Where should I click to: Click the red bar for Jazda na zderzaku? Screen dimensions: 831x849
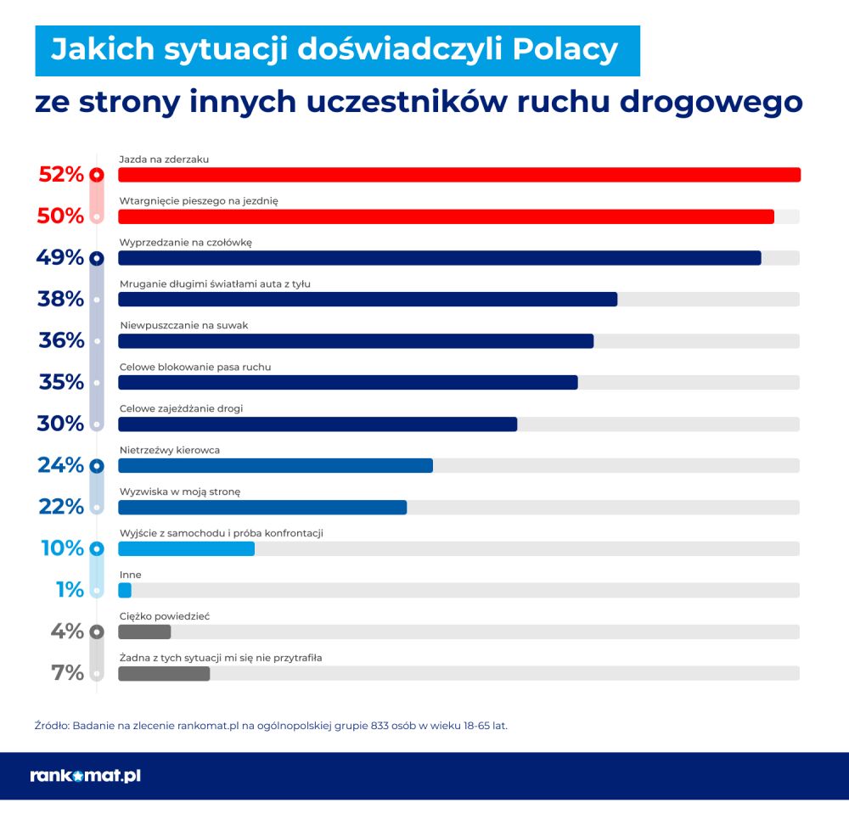pos(458,175)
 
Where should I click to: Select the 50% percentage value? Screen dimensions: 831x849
pos(60,216)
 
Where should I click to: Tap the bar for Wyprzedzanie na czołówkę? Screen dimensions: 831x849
pos(439,258)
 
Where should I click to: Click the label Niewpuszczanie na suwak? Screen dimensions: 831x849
pos(183,325)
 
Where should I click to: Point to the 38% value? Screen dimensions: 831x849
pos(60,299)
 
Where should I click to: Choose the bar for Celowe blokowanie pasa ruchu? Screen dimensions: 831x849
pos(347,382)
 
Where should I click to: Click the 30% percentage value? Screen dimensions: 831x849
pos(60,424)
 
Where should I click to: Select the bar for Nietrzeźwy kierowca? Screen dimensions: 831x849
pos(275,465)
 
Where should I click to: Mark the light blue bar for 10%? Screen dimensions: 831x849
pos(186,548)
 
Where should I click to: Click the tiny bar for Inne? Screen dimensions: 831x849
pos(125,590)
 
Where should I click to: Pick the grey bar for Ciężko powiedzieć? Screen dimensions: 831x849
pos(144,632)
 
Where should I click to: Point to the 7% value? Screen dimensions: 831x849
pos(68,673)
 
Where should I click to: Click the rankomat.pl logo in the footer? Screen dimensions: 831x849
pos(85,775)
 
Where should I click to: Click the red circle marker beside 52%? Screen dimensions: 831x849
pos(97,175)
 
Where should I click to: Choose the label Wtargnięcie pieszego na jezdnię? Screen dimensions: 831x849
pos(198,200)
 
